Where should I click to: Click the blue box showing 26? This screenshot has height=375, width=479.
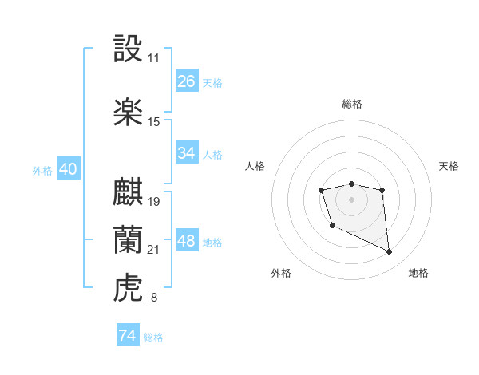tap(186, 81)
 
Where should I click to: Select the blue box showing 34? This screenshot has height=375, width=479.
tap(186, 153)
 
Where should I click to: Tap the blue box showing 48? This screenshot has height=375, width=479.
tap(186, 241)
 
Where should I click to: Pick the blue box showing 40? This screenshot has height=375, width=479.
tap(68, 169)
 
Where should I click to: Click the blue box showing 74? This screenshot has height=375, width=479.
tap(128, 336)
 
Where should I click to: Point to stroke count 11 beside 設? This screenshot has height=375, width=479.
tap(153, 58)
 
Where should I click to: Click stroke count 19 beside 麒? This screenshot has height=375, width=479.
tap(154, 201)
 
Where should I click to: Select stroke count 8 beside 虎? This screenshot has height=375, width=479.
tap(153, 298)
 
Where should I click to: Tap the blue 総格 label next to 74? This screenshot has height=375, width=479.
tap(153, 337)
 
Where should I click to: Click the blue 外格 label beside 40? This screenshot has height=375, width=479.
tap(42, 171)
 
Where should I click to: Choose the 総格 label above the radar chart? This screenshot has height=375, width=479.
tap(351, 104)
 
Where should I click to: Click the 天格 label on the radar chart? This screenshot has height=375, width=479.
tap(449, 166)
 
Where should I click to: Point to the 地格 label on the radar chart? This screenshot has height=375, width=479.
tap(418, 273)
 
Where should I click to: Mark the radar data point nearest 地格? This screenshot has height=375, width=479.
tap(390, 252)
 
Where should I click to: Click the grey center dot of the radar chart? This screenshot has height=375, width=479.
tap(351, 199)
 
